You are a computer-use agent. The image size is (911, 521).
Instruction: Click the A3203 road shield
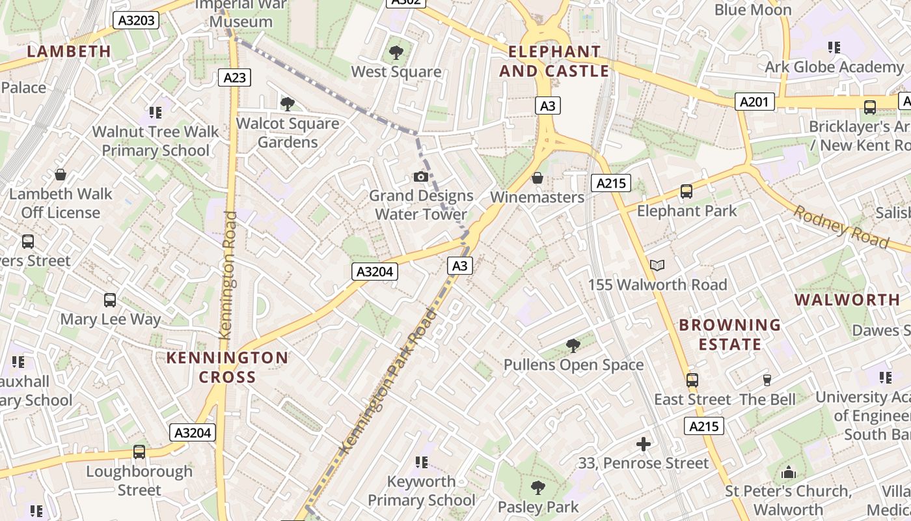137,20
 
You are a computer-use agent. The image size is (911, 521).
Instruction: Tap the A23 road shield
235,77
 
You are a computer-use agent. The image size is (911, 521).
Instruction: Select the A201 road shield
755,101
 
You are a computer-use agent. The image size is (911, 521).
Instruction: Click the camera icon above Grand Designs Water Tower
421,176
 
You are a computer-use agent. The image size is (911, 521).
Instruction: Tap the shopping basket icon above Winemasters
537,178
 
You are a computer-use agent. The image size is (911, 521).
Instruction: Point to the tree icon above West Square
396,53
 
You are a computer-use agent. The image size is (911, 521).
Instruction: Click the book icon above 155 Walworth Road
657,265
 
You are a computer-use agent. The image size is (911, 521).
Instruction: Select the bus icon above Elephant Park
687,191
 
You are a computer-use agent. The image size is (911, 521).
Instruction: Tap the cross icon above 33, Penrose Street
644,444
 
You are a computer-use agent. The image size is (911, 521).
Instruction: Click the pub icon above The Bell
767,380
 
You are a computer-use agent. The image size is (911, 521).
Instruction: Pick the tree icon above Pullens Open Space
573,345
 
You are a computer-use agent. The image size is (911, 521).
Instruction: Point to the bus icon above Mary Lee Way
110,300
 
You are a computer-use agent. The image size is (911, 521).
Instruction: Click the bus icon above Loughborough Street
139,452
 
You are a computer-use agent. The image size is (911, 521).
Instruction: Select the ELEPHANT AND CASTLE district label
554,61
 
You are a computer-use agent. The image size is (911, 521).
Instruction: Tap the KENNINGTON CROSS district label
227,367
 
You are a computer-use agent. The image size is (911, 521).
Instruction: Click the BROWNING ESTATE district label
729,334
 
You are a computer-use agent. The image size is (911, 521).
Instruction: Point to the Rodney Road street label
841,227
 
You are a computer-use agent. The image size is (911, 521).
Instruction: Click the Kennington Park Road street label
388,381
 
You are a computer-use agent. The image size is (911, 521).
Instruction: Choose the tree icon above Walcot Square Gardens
287,104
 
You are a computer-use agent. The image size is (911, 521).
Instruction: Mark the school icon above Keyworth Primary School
421,462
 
